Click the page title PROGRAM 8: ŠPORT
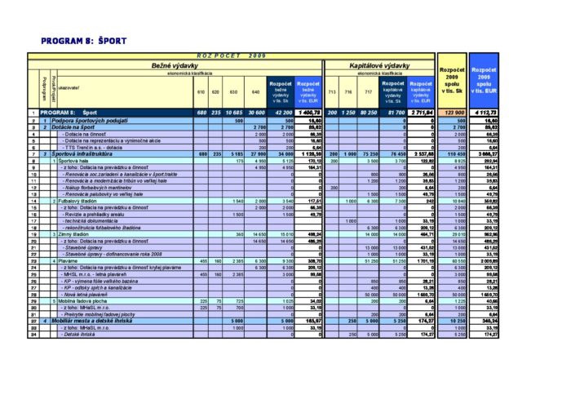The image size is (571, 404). (83, 41)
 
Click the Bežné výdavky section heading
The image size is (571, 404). (177, 64)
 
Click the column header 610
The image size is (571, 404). (201, 91)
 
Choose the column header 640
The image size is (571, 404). (256, 91)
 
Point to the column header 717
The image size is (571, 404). (368, 91)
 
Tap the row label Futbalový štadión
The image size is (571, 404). (78, 201)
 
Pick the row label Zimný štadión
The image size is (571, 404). (74, 233)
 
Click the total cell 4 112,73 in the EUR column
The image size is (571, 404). (485, 113)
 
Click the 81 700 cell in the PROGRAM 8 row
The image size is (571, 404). (392, 113)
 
